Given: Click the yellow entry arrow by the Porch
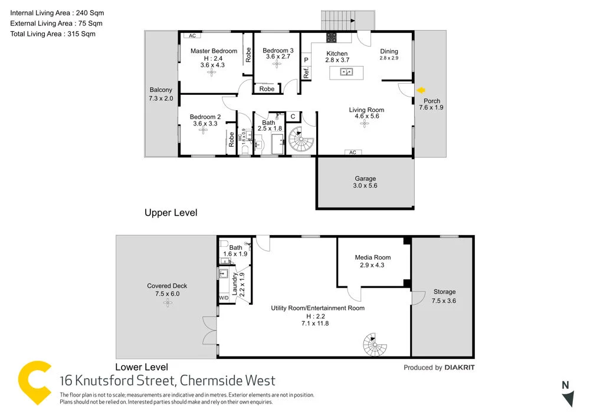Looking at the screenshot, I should coord(421,90).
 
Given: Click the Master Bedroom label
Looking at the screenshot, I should coord(214,51).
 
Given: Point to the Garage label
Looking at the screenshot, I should coord(365,179).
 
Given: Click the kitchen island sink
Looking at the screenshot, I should coord(346,72).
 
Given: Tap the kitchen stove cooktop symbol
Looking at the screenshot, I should coord(332,38).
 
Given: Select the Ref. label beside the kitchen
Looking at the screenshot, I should coord(306,73).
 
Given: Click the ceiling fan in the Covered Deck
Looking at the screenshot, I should coord(168,302).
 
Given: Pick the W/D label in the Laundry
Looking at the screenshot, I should coord(224,298).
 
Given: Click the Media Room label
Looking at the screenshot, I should coord(373,257).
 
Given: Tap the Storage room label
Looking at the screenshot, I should coord(444,292).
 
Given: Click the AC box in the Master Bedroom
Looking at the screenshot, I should coord(191,35).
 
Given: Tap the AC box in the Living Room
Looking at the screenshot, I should coord(352,153).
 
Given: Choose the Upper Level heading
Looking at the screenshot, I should coord(171,213).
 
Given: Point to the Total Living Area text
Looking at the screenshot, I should coord(53,34).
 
